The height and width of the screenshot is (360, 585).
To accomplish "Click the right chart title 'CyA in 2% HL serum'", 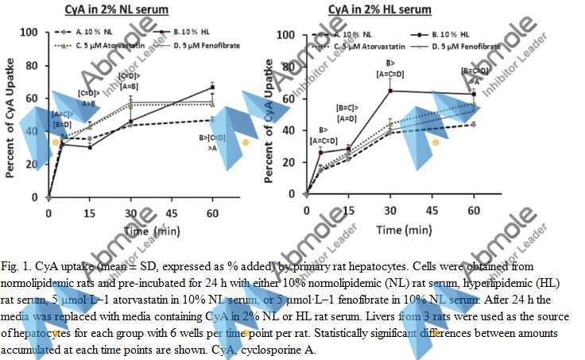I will [380, 10].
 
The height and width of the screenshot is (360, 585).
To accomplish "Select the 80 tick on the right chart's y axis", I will [292, 68].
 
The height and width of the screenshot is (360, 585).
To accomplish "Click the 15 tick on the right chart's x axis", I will [349, 209].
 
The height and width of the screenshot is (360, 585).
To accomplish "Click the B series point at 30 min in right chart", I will [390, 91].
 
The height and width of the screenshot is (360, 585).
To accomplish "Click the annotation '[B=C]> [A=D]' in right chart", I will [347, 113].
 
